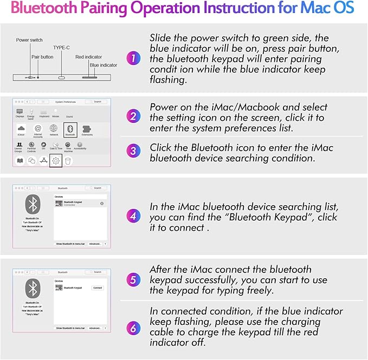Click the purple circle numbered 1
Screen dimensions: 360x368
tap(133, 57)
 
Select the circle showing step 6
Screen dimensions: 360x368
tap(133, 328)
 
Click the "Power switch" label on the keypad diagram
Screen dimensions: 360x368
tap(29, 40)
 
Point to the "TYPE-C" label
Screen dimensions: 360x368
tap(61, 48)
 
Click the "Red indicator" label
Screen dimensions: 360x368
tap(88, 56)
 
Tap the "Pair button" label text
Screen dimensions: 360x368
tap(43, 56)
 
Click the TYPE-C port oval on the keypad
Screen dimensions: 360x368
tap(61, 77)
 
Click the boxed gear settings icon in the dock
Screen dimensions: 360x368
tap(55, 160)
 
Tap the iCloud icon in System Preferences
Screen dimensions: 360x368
tap(21, 129)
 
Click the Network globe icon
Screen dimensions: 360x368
tap(54, 129)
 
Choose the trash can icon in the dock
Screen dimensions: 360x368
tap(68, 160)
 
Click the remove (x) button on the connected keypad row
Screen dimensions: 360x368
tap(102, 203)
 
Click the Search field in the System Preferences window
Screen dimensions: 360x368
tap(96, 101)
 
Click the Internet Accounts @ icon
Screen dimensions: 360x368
tap(38, 129)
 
